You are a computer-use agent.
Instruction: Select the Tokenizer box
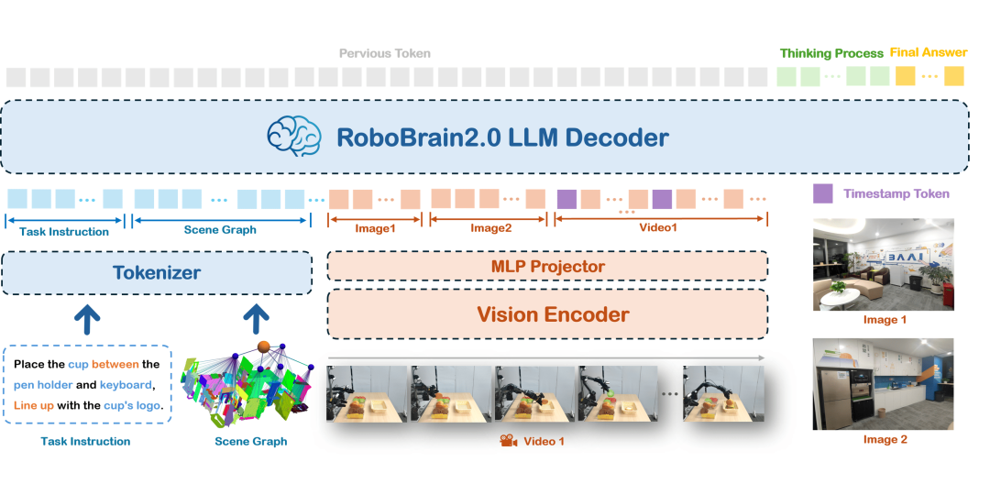coord(157,272)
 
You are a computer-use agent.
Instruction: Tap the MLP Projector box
coord(547,266)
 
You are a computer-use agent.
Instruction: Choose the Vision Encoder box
coord(547,314)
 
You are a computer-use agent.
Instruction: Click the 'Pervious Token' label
coord(385,54)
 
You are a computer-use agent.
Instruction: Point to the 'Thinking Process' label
coord(831,54)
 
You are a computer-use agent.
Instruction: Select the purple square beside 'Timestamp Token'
coord(823,193)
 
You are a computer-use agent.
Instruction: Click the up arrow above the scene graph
coord(255,319)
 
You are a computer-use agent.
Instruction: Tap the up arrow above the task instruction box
coord(87,319)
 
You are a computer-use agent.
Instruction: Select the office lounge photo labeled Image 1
coord(884,264)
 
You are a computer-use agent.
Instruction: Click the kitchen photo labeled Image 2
coord(884,383)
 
